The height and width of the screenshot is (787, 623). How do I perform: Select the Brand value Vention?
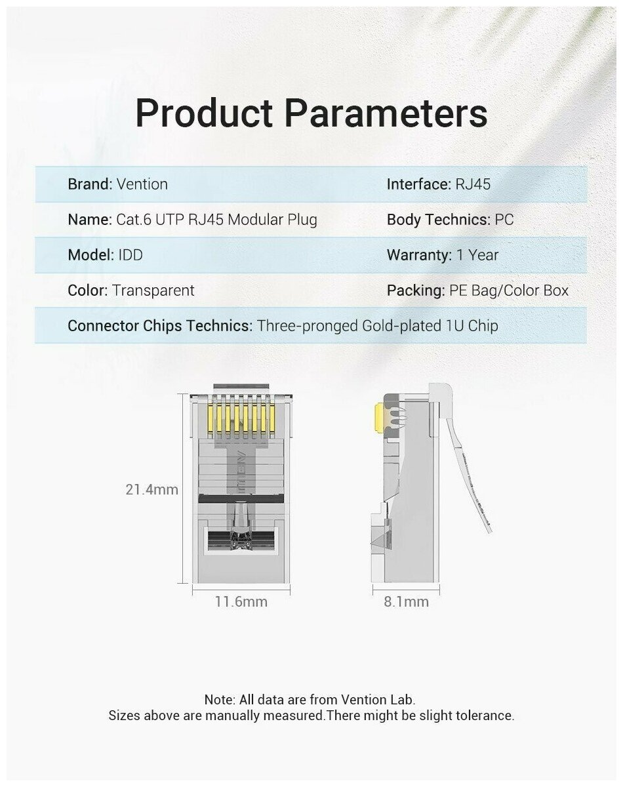(142, 184)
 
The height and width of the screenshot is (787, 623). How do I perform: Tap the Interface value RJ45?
(472, 184)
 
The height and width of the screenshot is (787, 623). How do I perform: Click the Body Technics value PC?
(504, 220)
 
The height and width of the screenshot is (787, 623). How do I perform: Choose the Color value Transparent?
(153, 291)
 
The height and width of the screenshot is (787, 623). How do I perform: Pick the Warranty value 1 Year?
(477, 255)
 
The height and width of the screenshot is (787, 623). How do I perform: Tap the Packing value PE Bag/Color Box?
(509, 291)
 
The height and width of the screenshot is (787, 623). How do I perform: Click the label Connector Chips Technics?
(160, 326)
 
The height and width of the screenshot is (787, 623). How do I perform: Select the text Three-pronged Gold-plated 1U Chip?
(377, 326)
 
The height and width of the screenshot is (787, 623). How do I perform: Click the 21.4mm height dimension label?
(152, 489)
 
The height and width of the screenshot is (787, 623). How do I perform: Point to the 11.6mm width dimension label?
(241, 601)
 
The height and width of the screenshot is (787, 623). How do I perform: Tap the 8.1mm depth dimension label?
(406, 601)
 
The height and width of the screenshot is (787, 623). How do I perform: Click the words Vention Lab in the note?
(383, 700)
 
